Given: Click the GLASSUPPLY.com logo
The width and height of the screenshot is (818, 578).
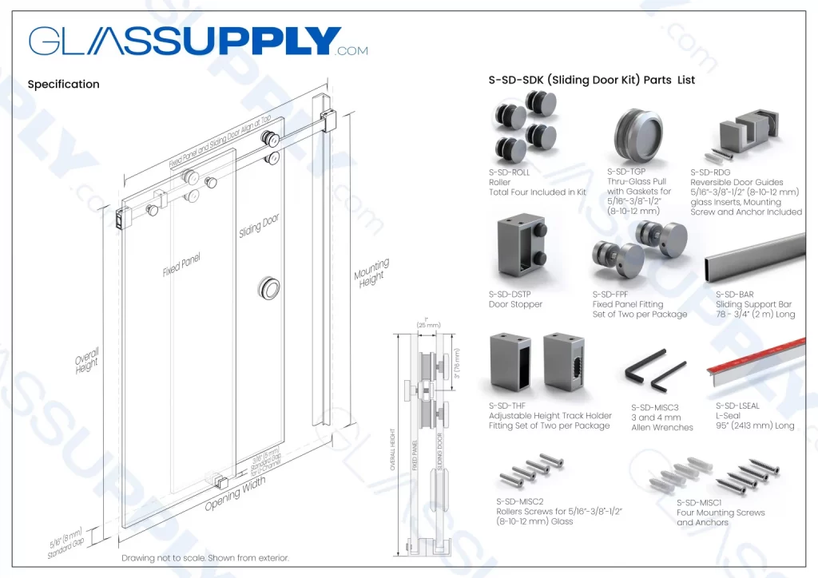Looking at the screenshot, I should tap(198, 42).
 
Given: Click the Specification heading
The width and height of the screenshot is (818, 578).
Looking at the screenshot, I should tap(63, 84).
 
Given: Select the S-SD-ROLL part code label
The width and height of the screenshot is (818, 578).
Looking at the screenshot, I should tap(509, 172).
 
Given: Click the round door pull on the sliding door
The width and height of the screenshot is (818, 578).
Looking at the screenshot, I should tap(269, 288).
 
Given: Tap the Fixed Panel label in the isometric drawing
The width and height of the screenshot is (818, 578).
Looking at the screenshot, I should tap(181, 264).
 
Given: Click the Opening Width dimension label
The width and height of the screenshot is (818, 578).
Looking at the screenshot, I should tap(235, 496).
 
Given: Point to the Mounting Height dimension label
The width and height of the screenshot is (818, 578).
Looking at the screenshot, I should tap(371, 272).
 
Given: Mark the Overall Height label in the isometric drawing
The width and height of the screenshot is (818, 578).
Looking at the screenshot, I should tap(86, 361).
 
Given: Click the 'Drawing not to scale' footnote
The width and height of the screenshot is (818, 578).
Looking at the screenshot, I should tap(204, 558).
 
